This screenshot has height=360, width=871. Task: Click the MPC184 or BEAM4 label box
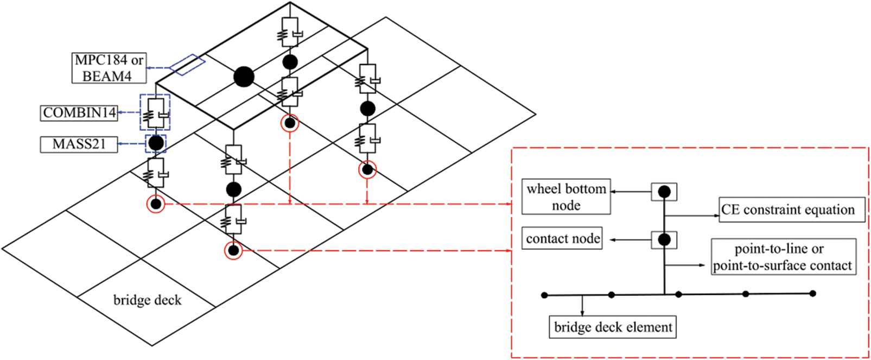click(109, 68)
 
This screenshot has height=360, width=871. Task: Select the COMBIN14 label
click(80, 113)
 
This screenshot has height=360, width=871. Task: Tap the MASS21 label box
click(79, 144)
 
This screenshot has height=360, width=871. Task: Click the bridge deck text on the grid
click(147, 300)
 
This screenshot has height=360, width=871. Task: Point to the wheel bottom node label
click(566, 197)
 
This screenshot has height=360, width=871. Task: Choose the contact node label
click(562, 239)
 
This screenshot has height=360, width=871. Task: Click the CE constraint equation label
click(787, 210)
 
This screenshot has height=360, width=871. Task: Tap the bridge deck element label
click(613, 327)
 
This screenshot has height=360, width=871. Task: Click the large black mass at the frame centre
click(244, 77)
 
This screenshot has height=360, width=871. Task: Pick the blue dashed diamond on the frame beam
click(188, 65)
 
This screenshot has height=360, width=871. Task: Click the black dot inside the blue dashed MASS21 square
click(156, 143)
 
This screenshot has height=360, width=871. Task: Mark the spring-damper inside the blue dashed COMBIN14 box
click(155, 113)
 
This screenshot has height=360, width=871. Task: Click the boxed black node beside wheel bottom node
click(664, 192)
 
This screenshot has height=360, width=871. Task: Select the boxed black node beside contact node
click(664, 239)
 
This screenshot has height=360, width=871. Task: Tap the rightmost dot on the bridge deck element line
click(812, 294)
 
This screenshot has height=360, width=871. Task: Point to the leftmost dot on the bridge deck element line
click(544, 295)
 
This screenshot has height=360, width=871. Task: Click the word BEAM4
click(107, 76)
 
